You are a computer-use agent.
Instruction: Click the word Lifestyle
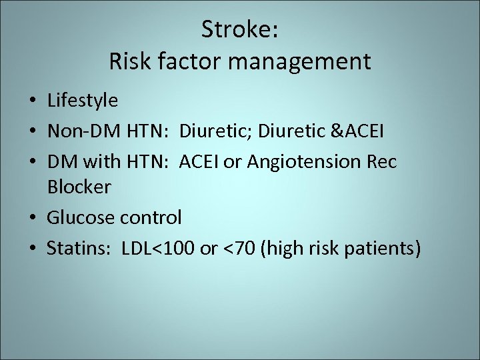(x=83, y=101)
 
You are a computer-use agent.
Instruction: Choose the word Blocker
(x=79, y=187)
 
